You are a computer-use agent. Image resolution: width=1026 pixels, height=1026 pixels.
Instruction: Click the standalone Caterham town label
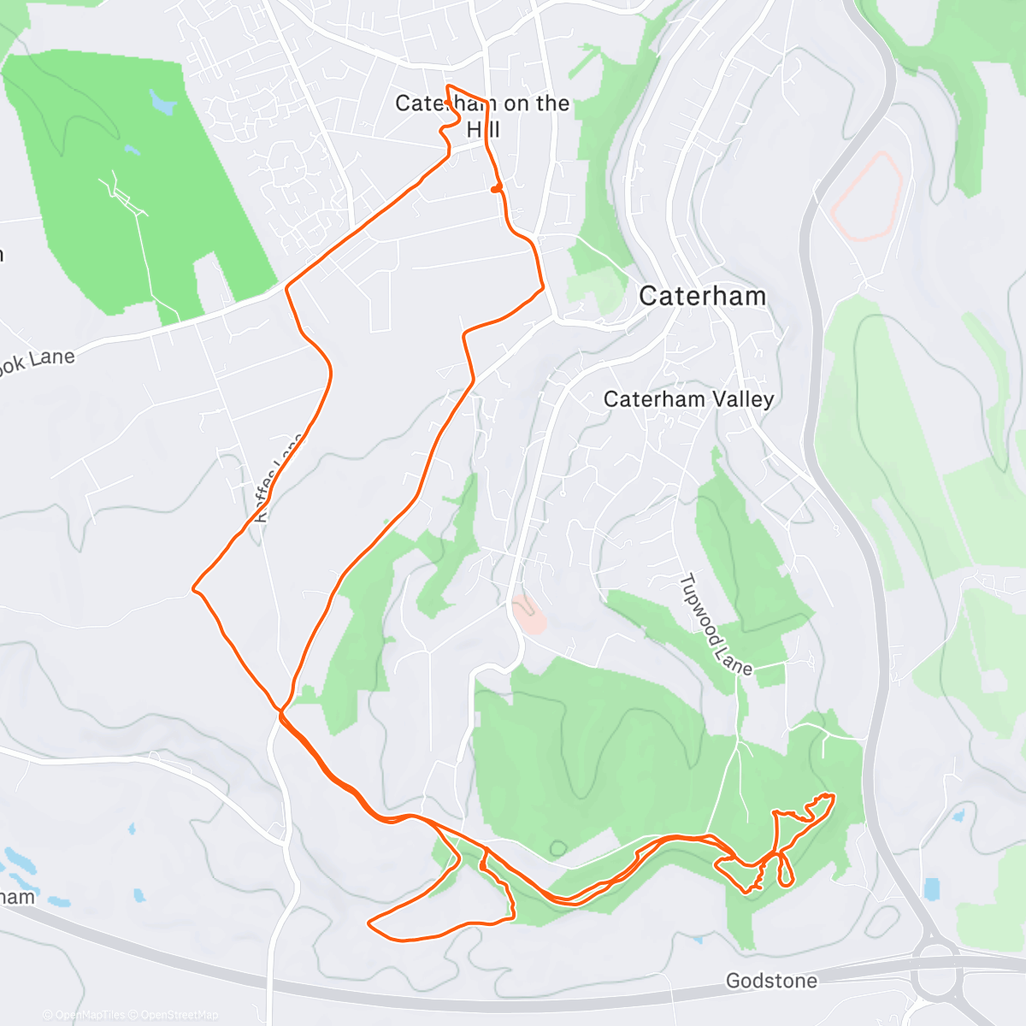coord(702,297)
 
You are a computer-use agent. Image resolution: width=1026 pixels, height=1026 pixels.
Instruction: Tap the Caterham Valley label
coord(688,399)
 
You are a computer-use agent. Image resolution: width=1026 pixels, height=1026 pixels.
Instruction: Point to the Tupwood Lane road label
coord(715,625)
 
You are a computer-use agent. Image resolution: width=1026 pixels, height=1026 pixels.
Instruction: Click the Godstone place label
coord(771,981)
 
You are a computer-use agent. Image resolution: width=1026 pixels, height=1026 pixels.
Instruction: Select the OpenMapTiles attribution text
coord(90,1015)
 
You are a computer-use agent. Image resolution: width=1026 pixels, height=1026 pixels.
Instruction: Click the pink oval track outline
coord(867,196)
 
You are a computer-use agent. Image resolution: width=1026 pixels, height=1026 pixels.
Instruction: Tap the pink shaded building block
coord(529,616)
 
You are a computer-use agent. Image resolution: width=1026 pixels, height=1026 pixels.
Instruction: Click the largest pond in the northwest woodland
coord(161,103)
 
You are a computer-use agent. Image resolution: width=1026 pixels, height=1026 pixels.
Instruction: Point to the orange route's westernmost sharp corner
coord(193,588)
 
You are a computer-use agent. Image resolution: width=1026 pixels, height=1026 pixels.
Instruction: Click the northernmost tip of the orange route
coord(448,87)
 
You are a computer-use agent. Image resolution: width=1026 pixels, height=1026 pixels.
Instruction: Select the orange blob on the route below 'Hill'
coord(496,188)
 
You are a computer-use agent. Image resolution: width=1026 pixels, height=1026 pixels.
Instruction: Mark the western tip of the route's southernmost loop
coord(369,923)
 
